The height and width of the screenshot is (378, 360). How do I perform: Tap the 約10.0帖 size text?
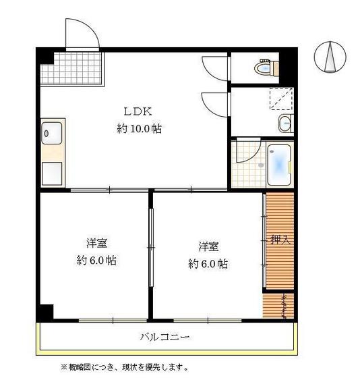click(x=139, y=128)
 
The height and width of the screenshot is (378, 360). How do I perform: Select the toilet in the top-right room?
click(x=264, y=67)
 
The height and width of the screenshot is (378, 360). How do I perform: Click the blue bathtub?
click(x=278, y=166)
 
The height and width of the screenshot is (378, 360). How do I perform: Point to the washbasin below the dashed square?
click(x=286, y=124)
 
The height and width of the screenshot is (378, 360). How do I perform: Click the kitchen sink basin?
click(x=53, y=134)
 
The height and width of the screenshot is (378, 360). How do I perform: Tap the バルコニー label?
click(x=164, y=337)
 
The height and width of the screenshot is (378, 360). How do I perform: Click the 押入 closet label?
click(x=279, y=240)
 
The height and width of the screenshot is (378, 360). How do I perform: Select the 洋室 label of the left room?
click(x=96, y=243)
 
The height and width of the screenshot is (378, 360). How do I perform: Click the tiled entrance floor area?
click(x=72, y=68)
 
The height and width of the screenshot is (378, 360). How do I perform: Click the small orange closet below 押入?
click(x=279, y=305)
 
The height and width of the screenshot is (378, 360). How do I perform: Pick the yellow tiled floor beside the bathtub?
click(x=246, y=164)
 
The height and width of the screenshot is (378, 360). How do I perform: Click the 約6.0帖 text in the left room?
click(x=96, y=261)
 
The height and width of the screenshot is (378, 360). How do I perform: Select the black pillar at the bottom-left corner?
click(x=45, y=312)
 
